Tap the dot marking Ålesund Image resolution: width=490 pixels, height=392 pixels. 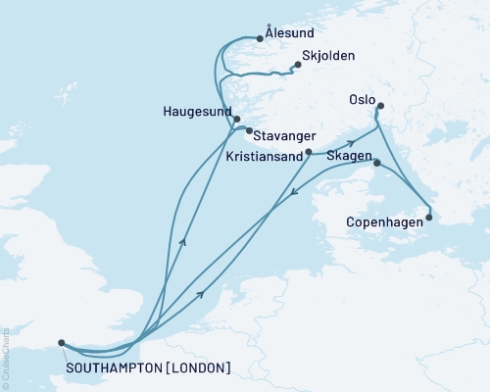pos(260,38)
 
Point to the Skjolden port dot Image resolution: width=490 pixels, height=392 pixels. pos(295,67)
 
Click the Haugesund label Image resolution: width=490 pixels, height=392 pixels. pos(195,112)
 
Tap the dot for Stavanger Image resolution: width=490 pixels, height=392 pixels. pos(248,130)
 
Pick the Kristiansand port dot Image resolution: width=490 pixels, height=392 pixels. pos(309,152)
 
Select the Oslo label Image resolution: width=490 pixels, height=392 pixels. pos(363,98)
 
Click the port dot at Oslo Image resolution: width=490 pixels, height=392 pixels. pos(380,107)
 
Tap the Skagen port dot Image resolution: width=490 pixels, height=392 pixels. pos(377,165)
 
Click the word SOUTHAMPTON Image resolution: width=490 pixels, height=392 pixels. pos(106,367)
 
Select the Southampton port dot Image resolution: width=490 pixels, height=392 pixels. pos(62,343)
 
